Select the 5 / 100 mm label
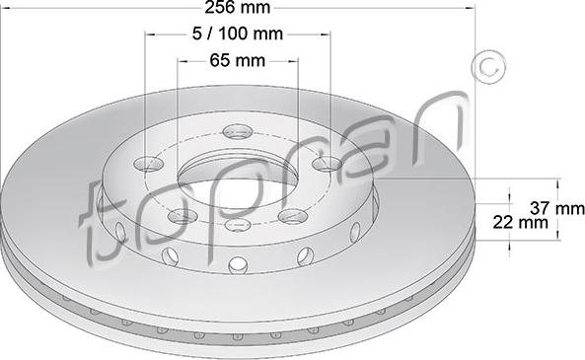pyautogui.click(x=237, y=34)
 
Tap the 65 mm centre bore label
pyautogui.click(x=237, y=60)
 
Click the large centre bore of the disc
pyautogui.click(x=238, y=182)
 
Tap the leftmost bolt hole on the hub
pyautogui.click(x=151, y=164)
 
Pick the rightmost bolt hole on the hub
pyautogui.click(x=323, y=167)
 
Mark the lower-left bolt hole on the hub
pyautogui.click(x=180, y=215)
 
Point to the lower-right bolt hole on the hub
pyautogui.click(x=290, y=215)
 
